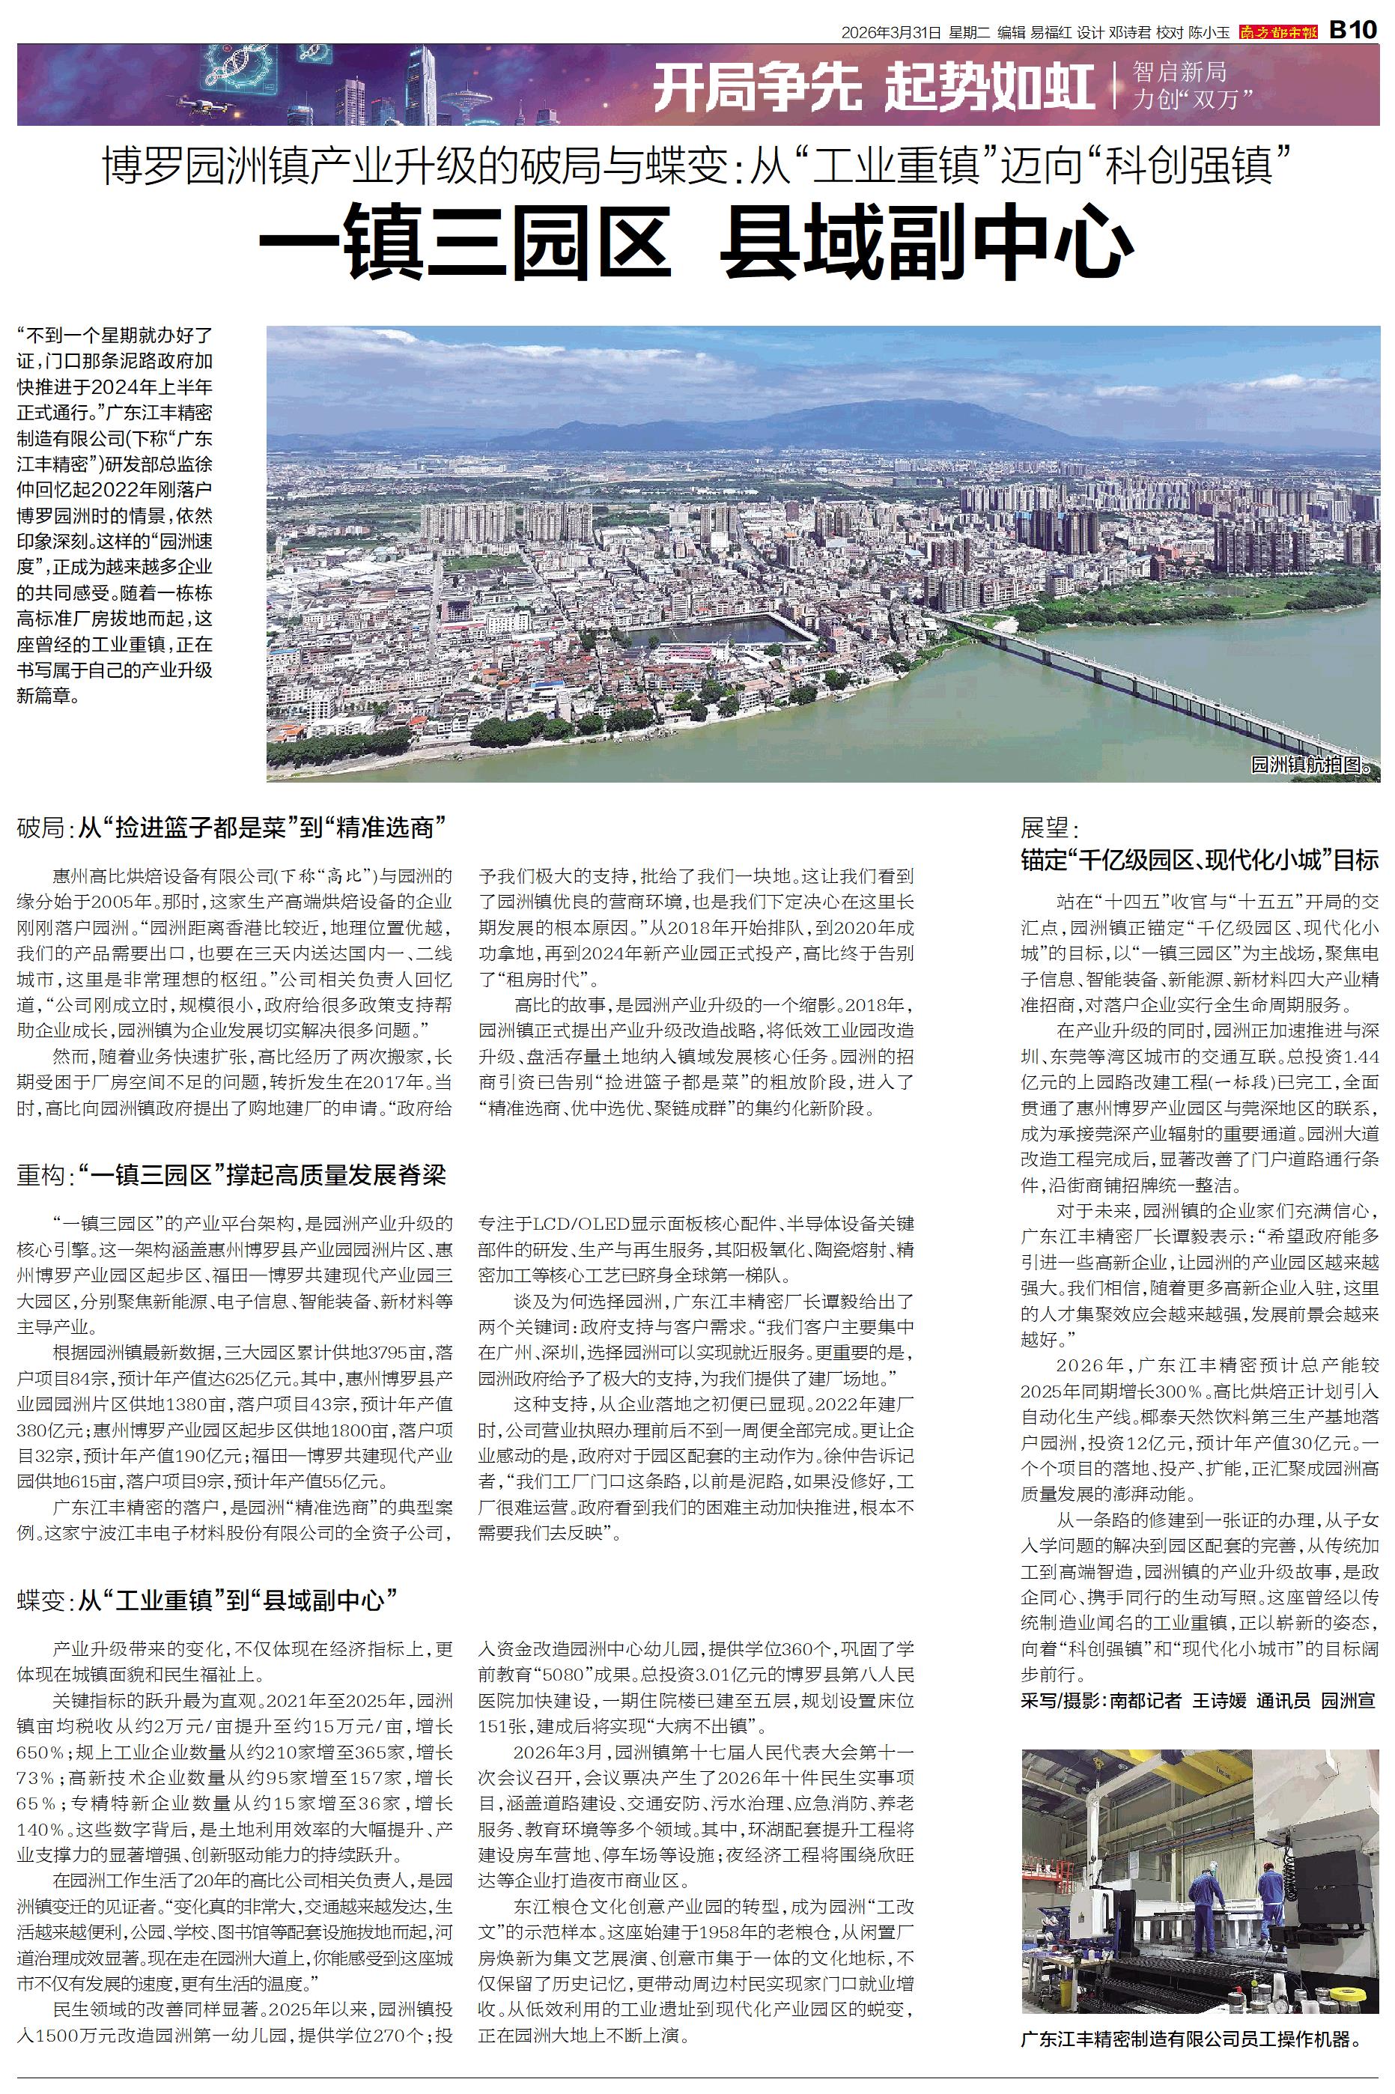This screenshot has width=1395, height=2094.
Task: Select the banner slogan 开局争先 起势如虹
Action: pyautogui.click(x=873, y=88)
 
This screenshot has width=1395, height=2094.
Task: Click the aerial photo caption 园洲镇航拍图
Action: pyautogui.click(x=1313, y=764)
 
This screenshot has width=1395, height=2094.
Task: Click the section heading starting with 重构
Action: pyautogui.click(x=231, y=1175)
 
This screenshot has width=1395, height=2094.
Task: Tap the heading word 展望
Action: pyautogui.click(x=1049, y=828)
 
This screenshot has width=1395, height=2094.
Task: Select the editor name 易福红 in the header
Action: pyautogui.click(x=1051, y=33)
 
